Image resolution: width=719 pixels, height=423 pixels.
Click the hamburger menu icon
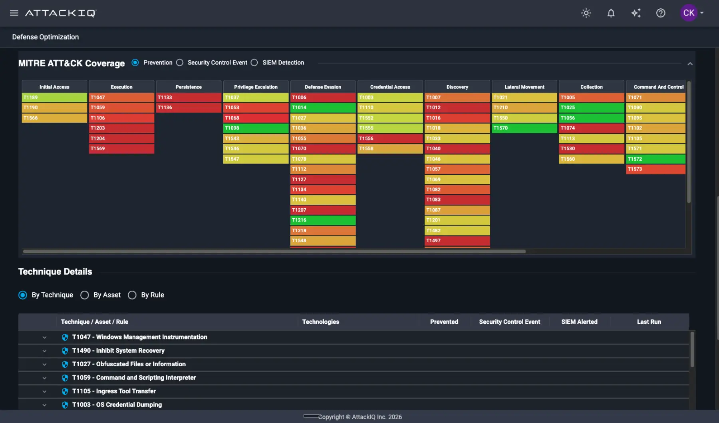click(14, 13)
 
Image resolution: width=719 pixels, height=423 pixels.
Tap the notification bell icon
click(611, 13)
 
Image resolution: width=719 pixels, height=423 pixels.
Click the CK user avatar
click(689, 13)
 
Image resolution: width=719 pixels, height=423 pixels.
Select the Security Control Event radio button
click(180, 62)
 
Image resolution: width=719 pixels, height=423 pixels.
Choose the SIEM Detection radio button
click(254, 62)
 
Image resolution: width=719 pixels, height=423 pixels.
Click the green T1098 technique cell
click(256, 128)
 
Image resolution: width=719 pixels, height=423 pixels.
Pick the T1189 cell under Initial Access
click(54, 97)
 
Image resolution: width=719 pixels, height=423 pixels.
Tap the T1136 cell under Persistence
click(189, 108)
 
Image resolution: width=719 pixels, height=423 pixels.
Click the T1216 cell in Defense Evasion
click(323, 220)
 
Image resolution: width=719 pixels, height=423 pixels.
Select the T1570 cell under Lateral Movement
click(524, 128)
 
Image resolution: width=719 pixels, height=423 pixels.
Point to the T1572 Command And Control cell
click(655, 159)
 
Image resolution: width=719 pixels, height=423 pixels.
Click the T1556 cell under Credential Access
click(390, 138)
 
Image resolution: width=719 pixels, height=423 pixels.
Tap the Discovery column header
click(457, 87)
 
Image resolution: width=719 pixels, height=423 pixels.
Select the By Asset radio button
click(84, 295)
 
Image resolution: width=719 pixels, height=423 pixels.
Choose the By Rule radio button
click(132, 295)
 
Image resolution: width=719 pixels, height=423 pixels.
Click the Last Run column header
click(649, 322)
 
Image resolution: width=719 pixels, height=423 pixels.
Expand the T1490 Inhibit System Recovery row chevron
click(44, 351)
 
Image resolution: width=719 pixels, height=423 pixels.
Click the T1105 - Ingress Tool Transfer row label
click(114, 391)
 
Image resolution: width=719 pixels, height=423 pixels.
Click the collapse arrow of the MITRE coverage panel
click(690, 64)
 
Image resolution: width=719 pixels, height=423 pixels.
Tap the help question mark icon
click(661, 13)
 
